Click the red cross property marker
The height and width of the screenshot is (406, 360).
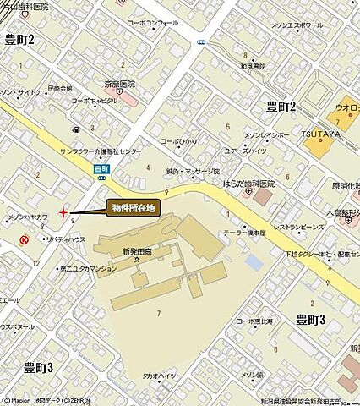[63, 212]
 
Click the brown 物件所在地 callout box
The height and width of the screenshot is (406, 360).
[134, 206]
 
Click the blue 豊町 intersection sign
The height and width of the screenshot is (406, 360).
[101, 169]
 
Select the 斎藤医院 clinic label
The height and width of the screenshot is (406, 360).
[120, 85]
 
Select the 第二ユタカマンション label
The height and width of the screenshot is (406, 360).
[87, 269]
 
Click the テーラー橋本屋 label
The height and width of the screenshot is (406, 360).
[244, 232]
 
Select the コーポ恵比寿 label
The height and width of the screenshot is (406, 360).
[255, 321]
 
